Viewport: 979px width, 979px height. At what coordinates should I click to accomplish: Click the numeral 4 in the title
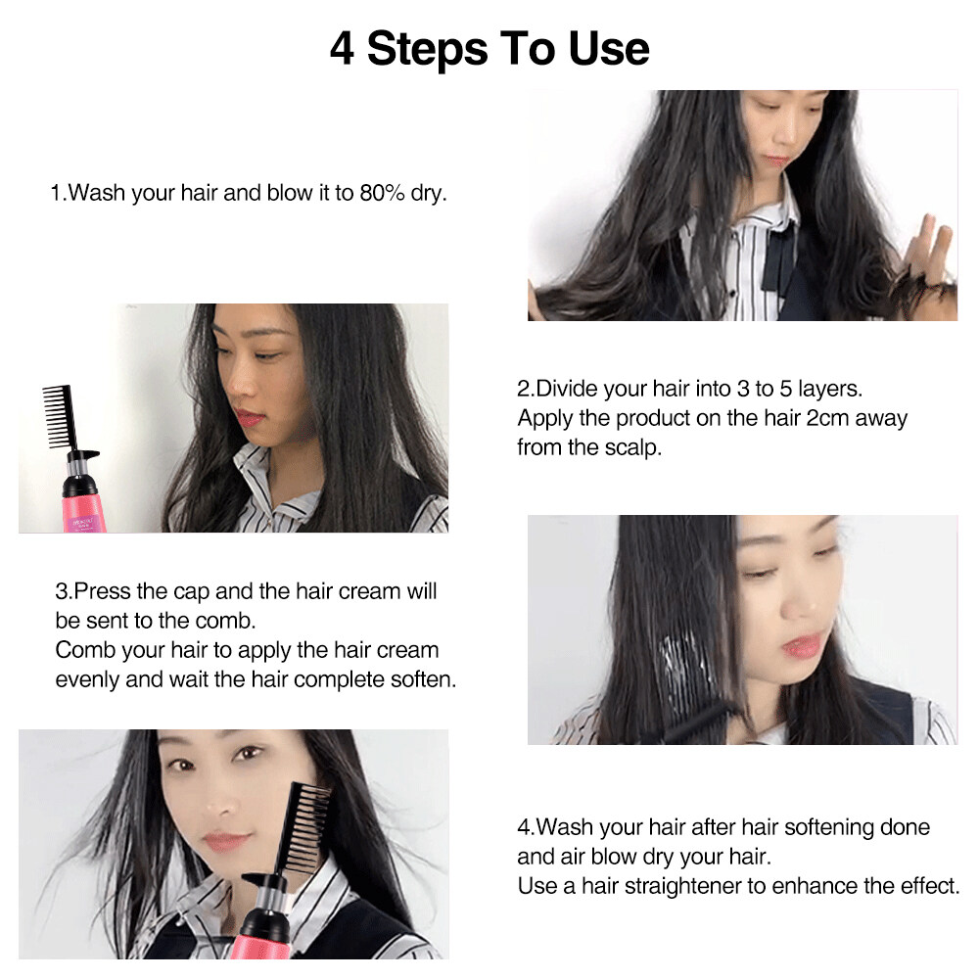[x=342, y=49]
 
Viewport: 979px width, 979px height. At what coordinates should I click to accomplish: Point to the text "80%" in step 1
[x=382, y=193]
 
